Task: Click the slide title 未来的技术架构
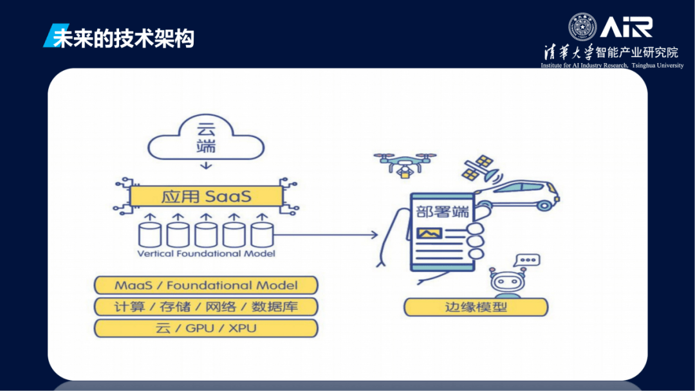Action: tap(123, 38)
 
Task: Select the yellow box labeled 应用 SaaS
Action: tap(206, 195)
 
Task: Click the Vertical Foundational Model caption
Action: tap(206, 253)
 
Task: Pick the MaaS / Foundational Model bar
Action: tap(206, 285)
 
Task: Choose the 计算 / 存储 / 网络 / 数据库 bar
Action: tap(206, 306)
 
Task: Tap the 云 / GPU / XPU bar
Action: tap(206, 328)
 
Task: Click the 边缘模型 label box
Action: tap(476, 307)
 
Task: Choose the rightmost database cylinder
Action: tap(262, 234)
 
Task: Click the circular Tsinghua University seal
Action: tap(582, 27)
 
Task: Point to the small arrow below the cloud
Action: tap(206, 166)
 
